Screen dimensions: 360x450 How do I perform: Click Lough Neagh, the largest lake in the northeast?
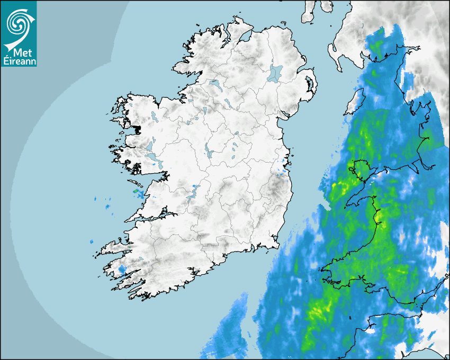tap(275, 73)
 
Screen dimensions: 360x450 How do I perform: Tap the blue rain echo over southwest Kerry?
tap(122, 270)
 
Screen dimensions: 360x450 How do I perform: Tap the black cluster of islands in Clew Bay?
tap(138, 129)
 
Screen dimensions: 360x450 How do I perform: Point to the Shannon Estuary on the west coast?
tap(151, 216)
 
